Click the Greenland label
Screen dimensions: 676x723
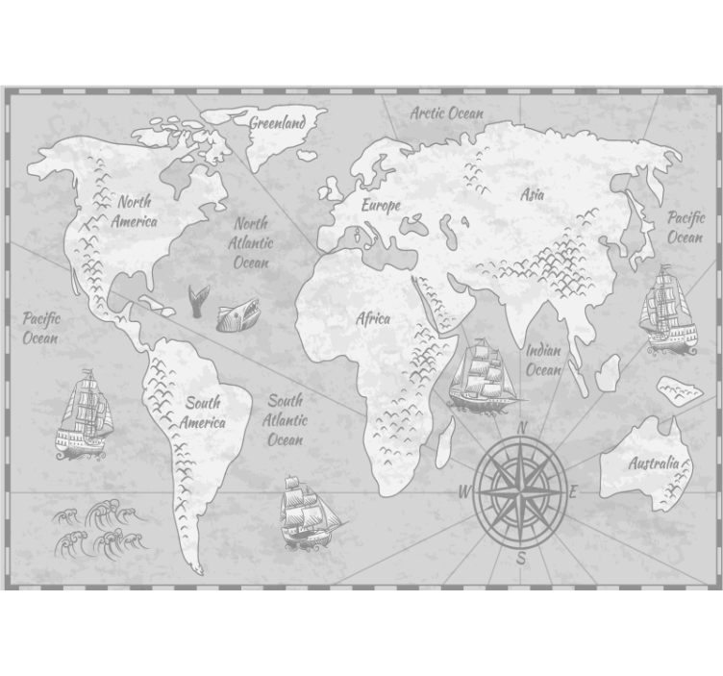(278, 122)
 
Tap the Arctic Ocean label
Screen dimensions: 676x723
(447, 113)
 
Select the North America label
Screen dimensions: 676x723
(134, 212)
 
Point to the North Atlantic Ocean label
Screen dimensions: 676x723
(251, 242)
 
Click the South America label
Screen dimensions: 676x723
(203, 413)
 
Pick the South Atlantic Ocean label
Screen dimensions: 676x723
(285, 419)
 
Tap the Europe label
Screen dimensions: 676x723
(381, 205)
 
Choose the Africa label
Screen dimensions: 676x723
(374, 318)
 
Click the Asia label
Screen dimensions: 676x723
(533, 194)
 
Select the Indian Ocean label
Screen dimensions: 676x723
(543, 360)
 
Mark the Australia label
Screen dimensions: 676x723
(654, 463)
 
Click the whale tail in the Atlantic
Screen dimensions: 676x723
(199, 301)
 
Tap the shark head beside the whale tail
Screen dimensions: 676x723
(237, 314)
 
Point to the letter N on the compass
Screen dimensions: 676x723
(523, 427)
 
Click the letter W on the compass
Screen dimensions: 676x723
(464, 492)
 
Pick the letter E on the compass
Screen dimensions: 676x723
(575, 492)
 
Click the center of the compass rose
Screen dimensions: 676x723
(521, 490)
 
